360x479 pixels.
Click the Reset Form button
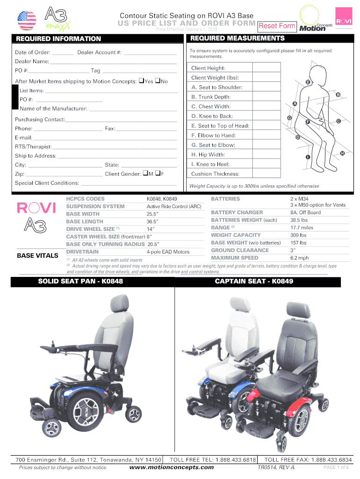(x=278, y=26)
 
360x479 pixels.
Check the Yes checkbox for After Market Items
(x=141, y=81)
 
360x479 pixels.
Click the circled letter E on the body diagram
(x=307, y=83)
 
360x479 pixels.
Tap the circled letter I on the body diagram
(x=308, y=156)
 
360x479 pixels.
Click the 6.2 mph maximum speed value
(x=299, y=258)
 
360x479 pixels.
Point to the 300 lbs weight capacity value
(x=298, y=235)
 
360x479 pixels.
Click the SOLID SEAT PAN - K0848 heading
(x=80, y=281)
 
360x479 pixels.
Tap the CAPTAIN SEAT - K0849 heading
(x=254, y=281)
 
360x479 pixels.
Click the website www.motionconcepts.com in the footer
(x=171, y=467)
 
